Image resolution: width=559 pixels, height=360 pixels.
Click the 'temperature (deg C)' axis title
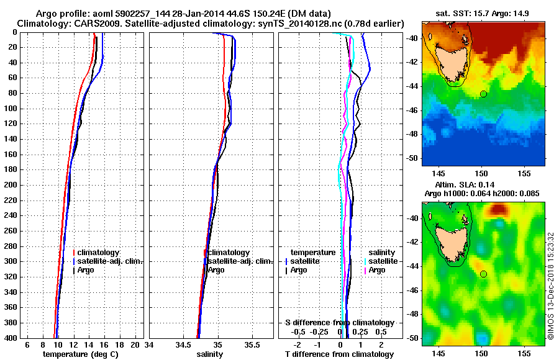[x=81, y=354]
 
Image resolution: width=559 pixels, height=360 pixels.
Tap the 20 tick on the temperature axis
[x=136, y=344]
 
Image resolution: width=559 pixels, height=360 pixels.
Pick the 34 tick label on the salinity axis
[x=150, y=344]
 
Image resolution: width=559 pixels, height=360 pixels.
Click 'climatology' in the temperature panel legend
[x=98, y=253]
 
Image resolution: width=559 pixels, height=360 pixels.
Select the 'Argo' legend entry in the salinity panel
[x=216, y=270]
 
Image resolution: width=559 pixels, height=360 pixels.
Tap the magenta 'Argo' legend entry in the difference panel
[x=377, y=270]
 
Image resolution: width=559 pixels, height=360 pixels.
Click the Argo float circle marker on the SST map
[x=483, y=94]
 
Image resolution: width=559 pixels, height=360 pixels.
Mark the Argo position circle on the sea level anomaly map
[x=483, y=274]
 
